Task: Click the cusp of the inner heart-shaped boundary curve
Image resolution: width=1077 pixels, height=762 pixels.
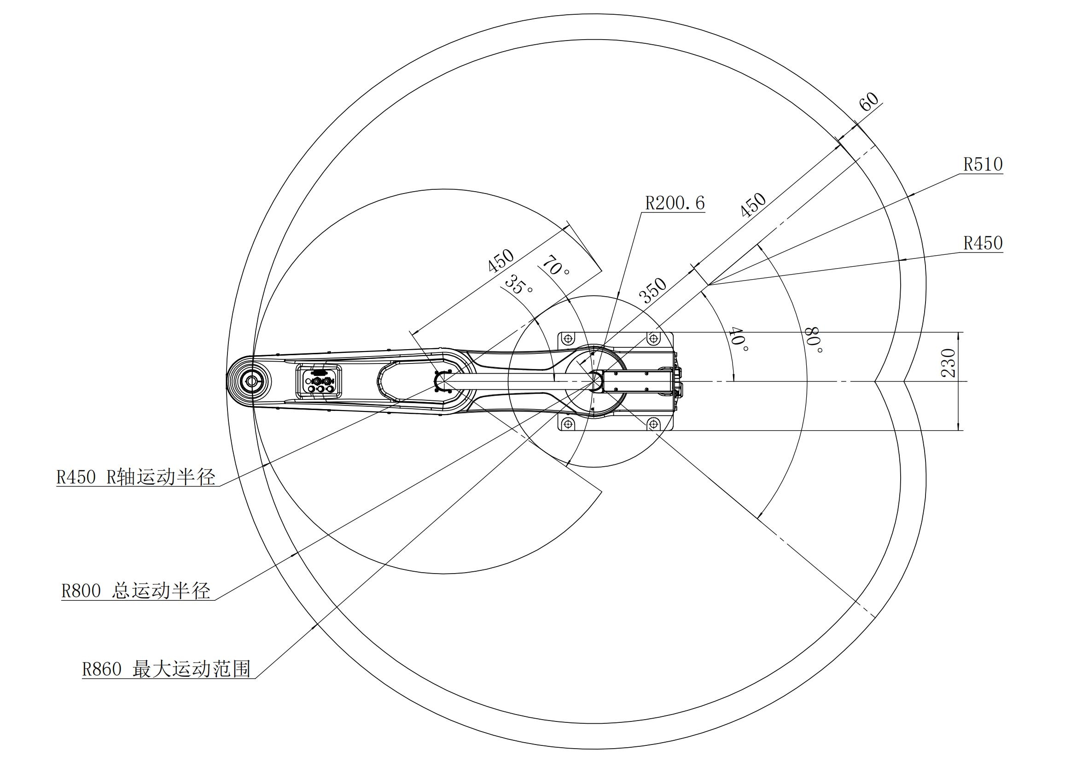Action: pyautogui.click(x=875, y=381)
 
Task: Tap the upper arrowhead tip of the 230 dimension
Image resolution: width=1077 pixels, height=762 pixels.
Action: pyautogui.click(x=957, y=332)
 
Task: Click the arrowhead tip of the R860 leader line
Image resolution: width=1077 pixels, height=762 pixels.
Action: pyautogui.click(x=314, y=626)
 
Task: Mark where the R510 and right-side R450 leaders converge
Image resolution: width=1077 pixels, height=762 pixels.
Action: pyautogui.click(x=709, y=285)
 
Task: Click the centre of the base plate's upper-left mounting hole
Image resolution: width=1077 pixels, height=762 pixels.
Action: pyautogui.click(x=569, y=338)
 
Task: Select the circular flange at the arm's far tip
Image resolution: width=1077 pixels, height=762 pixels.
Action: pyautogui.click(x=252, y=381)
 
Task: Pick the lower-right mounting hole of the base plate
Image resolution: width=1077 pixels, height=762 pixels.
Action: pyautogui.click(x=653, y=424)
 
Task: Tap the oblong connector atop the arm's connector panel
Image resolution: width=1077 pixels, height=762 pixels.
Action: pyautogui.click(x=320, y=372)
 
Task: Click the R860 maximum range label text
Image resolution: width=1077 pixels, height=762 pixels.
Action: pyautogui.click(x=166, y=668)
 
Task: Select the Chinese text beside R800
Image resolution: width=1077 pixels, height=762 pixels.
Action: pyautogui.click(x=160, y=591)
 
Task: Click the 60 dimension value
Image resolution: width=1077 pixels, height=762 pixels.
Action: pyautogui.click(x=869, y=101)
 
